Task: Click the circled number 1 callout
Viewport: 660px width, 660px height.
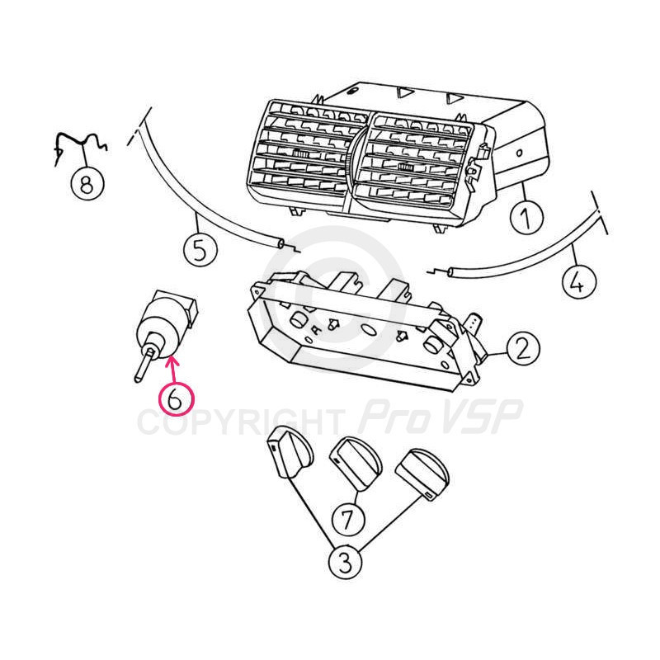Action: point(526,217)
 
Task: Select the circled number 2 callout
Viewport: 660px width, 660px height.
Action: point(523,349)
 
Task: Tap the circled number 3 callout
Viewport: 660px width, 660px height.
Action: point(345,563)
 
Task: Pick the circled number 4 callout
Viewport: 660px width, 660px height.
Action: point(579,281)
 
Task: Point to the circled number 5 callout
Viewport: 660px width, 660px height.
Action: point(200,250)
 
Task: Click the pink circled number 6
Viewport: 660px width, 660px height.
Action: point(176,399)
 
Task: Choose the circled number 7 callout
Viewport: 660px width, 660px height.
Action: point(348,519)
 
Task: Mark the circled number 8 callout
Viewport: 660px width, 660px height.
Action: point(87,183)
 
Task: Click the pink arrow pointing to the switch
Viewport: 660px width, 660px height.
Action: point(173,369)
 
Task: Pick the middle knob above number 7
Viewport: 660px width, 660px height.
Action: point(356,463)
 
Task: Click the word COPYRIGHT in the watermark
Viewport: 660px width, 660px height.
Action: point(239,422)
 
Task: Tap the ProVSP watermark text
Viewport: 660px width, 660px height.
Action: point(440,417)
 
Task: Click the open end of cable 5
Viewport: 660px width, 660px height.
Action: point(280,243)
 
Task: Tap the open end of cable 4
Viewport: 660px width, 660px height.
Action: point(450,272)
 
